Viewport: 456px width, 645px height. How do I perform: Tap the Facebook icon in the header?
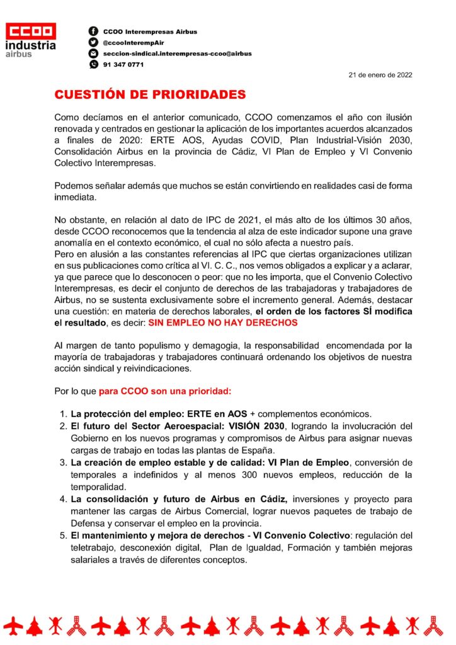(x=93, y=31)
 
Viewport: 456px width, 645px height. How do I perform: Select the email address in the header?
(x=177, y=54)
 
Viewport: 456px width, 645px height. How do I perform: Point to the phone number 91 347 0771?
(x=119, y=64)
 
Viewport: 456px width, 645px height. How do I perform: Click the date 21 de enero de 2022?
(x=380, y=75)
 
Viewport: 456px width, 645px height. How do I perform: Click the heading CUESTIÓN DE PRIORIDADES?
(x=149, y=95)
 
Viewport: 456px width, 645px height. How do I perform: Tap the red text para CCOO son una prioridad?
(x=165, y=391)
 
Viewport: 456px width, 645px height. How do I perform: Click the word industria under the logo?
(x=30, y=45)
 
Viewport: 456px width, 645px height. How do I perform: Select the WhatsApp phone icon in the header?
(x=93, y=64)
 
